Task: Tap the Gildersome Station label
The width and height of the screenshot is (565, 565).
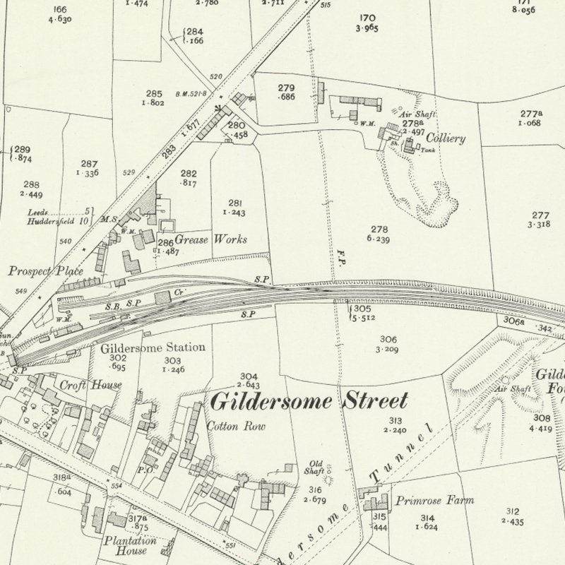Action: pos(153,347)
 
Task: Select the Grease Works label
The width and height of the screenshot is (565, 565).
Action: pos(210,239)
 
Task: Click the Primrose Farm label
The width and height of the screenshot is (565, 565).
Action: pos(434,500)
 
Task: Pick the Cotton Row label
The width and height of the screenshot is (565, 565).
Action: pos(230,427)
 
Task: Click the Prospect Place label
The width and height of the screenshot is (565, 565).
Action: pos(46,271)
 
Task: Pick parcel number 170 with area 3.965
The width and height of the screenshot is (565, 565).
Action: pos(368,22)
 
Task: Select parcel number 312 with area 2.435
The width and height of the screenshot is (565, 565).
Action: pos(513,516)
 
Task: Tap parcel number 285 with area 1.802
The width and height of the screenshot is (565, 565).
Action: pos(154,98)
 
